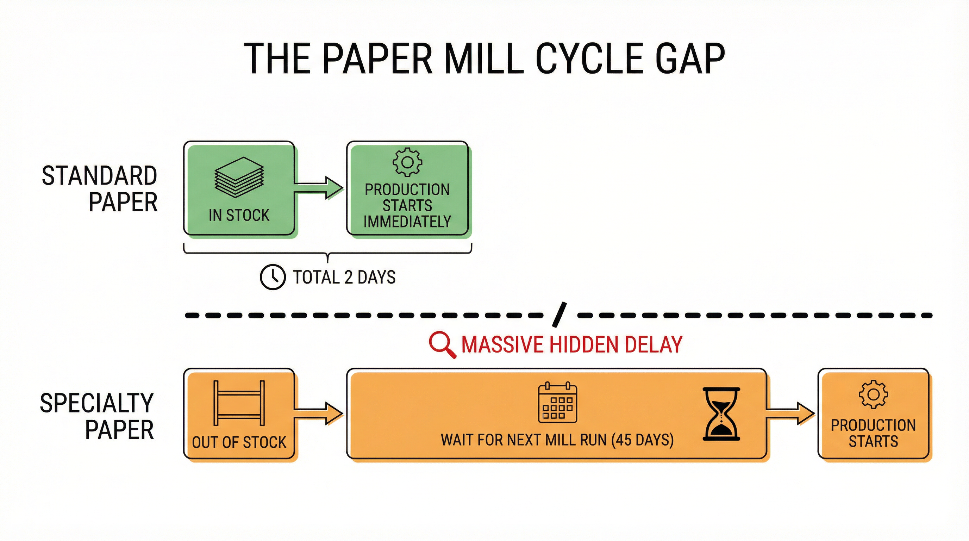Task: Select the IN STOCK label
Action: tap(239, 215)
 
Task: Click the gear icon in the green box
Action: tap(407, 162)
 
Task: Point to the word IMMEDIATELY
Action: tap(407, 222)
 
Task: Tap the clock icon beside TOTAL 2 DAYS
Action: tap(273, 277)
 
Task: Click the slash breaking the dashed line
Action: tap(559, 314)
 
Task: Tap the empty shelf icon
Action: tap(239, 403)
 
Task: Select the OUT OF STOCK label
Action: tap(239, 442)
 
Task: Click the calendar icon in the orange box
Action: tap(557, 403)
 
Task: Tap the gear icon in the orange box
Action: tap(873, 394)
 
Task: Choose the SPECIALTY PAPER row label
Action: tap(97, 416)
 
